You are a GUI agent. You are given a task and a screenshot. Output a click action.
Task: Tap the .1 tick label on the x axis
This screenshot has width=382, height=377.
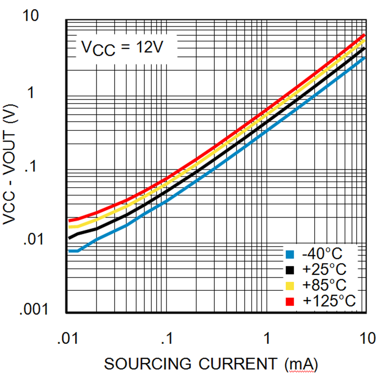pyautogui.click(x=167, y=338)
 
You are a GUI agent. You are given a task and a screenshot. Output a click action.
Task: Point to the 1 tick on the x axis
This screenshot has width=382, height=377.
pyautogui.click(x=267, y=338)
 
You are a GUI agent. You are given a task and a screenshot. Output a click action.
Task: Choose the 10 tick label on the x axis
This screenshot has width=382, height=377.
pyautogui.click(x=366, y=338)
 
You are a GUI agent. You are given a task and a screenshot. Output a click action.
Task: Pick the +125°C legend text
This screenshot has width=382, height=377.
pyautogui.click(x=329, y=301)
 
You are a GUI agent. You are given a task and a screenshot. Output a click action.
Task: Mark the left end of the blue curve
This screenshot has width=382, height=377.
pyautogui.click(x=69, y=251)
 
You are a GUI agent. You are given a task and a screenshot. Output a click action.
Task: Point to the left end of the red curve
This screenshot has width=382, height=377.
pyautogui.click(x=69, y=220)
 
